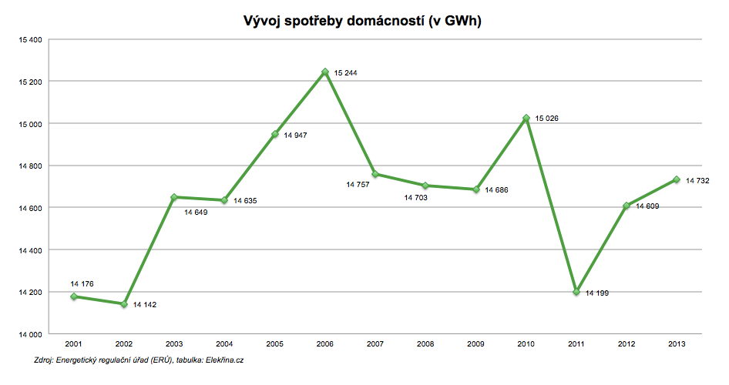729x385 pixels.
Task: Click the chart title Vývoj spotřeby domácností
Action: coord(361,22)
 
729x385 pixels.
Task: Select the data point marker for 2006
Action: coord(325,72)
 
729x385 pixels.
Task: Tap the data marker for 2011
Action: coord(576,292)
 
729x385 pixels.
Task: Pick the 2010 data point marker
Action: coord(526,118)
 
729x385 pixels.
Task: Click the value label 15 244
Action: coord(346,73)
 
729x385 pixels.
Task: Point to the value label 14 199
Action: coord(597,293)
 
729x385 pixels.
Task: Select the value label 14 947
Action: coord(296,136)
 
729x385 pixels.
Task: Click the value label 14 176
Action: coord(82,284)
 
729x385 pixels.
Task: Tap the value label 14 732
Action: coord(697,181)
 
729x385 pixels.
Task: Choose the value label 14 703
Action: coord(416,198)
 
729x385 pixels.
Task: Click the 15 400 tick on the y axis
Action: coord(29,39)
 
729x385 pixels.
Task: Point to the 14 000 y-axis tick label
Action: coord(29,334)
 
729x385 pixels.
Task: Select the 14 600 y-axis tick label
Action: coord(29,208)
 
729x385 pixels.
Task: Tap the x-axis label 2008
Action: coord(425,344)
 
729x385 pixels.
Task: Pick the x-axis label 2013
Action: coord(677,344)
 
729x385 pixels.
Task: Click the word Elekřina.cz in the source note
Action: coord(230,360)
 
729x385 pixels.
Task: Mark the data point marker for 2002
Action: coord(124,304)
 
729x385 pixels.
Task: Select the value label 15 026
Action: coord(547,119)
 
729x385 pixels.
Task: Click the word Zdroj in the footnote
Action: coord(45,360)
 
